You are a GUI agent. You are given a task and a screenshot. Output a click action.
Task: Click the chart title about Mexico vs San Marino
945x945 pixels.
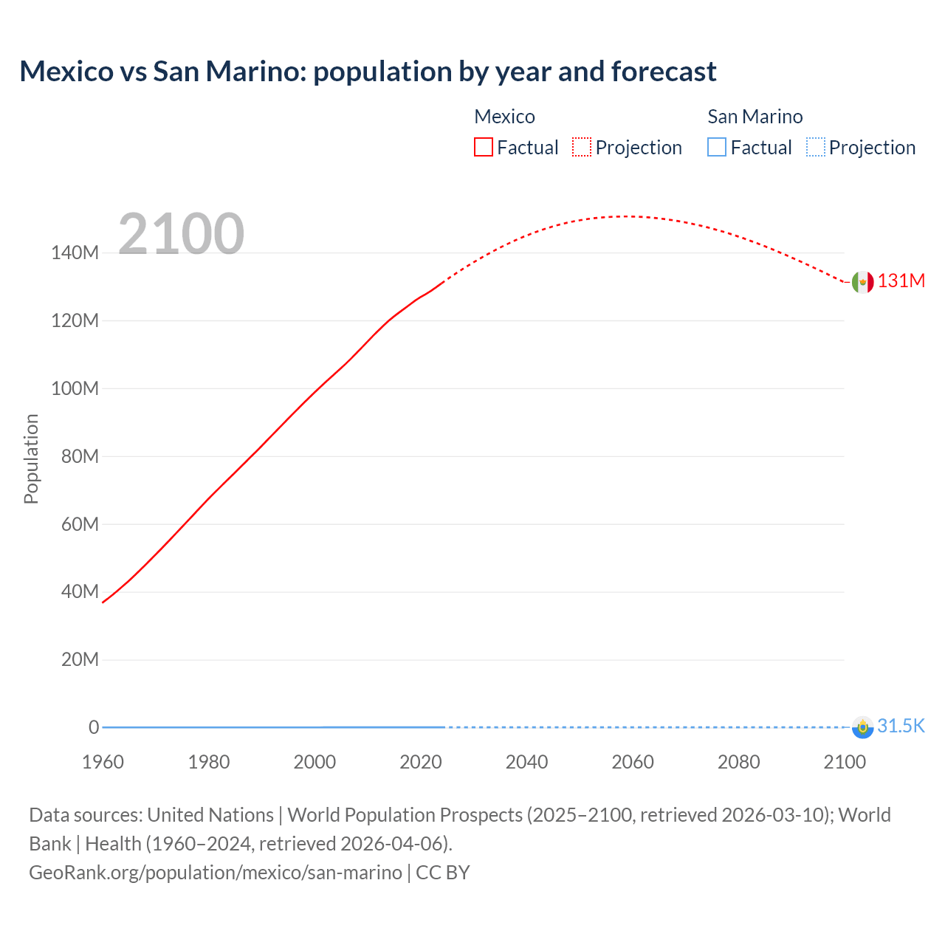click(368, 72)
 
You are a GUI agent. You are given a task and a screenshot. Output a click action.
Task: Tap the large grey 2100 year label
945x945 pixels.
click(181, 233)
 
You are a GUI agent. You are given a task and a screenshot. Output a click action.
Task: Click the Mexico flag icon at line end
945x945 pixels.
click(862, 281)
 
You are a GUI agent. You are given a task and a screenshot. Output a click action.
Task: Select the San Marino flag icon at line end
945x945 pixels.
click(862, 727)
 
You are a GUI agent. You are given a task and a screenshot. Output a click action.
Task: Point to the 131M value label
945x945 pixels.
click(901, 281)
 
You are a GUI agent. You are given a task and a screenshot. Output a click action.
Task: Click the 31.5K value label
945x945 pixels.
click(901, 726)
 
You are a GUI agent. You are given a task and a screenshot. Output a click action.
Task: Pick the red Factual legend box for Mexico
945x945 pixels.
click(484, 148)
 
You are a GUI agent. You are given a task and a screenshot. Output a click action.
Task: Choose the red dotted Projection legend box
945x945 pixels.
click(582, 148)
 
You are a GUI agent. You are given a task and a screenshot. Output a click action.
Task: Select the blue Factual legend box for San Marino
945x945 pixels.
click(717, 148)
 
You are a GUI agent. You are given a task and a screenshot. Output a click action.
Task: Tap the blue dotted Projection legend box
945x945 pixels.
click(815, 148)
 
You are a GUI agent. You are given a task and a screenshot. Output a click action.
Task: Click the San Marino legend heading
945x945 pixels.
click(755, 117)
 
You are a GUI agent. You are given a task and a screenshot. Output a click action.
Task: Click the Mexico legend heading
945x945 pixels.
click(504, 117)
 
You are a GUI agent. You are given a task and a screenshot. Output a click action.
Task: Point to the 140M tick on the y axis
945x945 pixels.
click(75, 253)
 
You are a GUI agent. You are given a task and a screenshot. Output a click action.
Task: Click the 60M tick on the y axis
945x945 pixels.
click(79, 524)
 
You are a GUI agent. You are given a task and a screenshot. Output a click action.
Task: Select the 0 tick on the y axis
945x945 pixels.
click(94, 727)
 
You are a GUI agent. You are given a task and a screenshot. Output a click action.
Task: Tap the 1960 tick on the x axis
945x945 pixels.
click(103, 762)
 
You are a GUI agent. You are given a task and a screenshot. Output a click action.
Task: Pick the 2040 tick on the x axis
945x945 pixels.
click(526, 762)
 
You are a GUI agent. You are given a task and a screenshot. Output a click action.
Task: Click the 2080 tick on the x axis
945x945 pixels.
click(738, 762)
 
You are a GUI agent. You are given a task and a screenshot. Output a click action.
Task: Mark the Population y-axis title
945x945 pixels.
click(31, 458)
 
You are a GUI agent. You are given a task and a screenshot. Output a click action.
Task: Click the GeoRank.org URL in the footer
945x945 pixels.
click(216, 873)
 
